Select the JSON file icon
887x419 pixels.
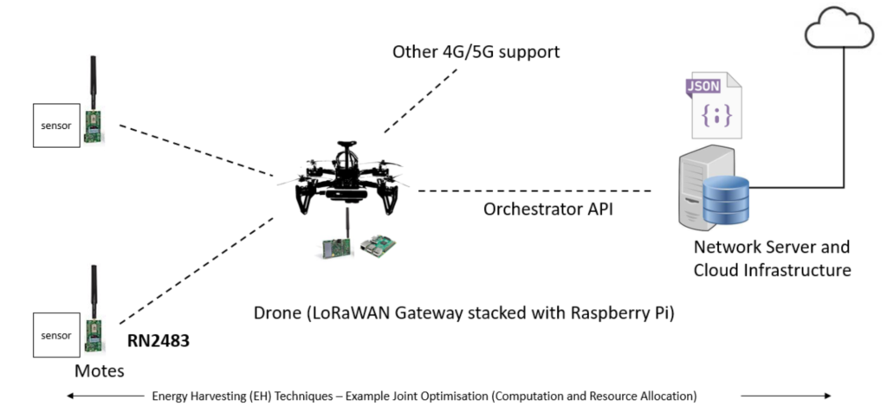[x=714, y=106]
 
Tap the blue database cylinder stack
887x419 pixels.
[x=727, y=197]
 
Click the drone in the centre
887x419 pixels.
[x=343, y=181]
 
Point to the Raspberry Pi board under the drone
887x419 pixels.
[x=378, y=246]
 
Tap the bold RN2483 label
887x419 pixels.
[x=159, y=341]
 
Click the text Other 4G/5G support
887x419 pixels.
[x=476, y=52]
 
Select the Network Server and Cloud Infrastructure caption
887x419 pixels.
[x=772, y=258]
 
